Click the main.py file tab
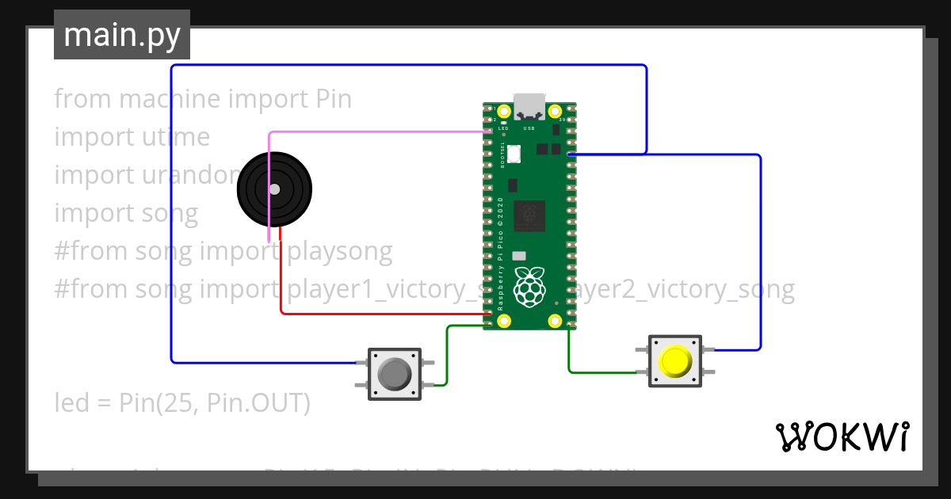click(x=121, y=35)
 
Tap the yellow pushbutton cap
click(x=674, y=361)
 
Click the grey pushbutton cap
click(x=394, y=374)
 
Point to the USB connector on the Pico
click(x=529, y=107)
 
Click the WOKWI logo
click(x=842, y=436)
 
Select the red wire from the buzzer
click(x=380, y=314)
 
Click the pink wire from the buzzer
click(x=372, y=132)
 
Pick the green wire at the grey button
click(x=447, y=356)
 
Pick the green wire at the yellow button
click(x=602, y=371)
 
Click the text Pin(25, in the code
click(x=159, y=403)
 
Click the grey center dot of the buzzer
click(x=274, y=189)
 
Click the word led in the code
click(x=71, y=403)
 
